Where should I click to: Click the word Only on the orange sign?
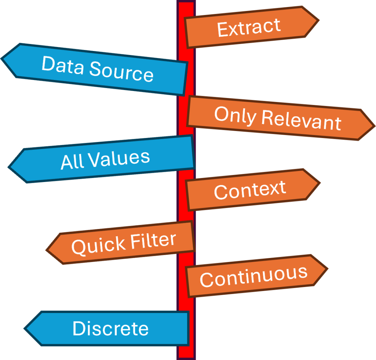click(235, 116)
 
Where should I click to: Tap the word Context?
click(250, 190)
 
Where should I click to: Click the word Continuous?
click(253, 276)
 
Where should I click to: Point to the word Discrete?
click(111, 328)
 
